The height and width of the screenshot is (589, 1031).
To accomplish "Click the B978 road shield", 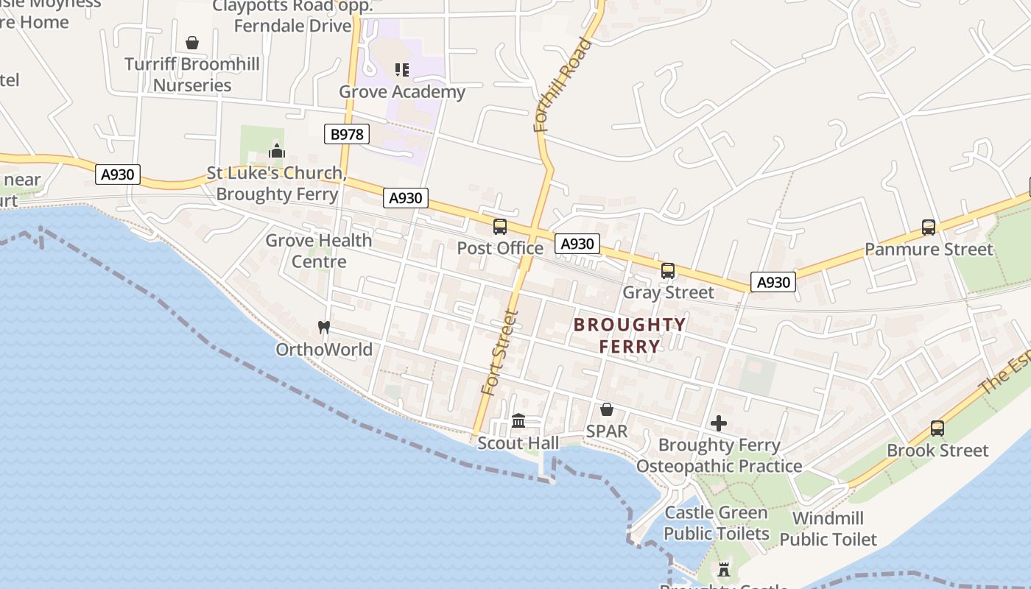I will click(346, 134).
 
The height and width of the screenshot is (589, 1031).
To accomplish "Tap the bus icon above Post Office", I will click(500, 227).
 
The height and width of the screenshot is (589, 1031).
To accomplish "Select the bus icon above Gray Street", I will click(668, 271).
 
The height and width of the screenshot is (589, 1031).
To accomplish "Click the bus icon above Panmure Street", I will click(929, 228).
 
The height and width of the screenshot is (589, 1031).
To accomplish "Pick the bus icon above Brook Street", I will click(937, 428).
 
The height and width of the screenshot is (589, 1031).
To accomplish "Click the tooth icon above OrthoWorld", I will click(323, 327).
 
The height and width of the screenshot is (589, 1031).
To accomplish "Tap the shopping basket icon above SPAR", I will click(607, 409).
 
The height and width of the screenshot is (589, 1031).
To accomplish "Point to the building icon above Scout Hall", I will click(518, 421).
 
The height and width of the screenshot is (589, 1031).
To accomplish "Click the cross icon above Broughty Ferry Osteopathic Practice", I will click(719, 423).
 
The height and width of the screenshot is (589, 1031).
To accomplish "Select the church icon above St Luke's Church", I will click(277, 152).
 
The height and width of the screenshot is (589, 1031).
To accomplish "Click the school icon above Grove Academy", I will click(402, 70).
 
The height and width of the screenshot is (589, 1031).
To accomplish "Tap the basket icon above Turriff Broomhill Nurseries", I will click(192, 43).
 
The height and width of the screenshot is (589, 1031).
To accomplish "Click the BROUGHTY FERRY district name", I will click(630, 336).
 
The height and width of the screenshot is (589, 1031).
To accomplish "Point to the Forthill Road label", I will click(563, 85).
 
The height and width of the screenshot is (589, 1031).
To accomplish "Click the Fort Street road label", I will click(501, 353).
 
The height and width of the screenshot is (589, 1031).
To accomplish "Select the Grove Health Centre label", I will click(319, 251).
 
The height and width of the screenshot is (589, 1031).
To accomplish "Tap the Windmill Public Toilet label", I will click(828, 529).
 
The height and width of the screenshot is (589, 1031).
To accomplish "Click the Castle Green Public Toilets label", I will click(717, 523).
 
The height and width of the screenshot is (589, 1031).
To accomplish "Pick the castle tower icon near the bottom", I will click(724, 570).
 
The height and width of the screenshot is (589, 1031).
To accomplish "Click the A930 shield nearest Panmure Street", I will click(773, 282).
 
